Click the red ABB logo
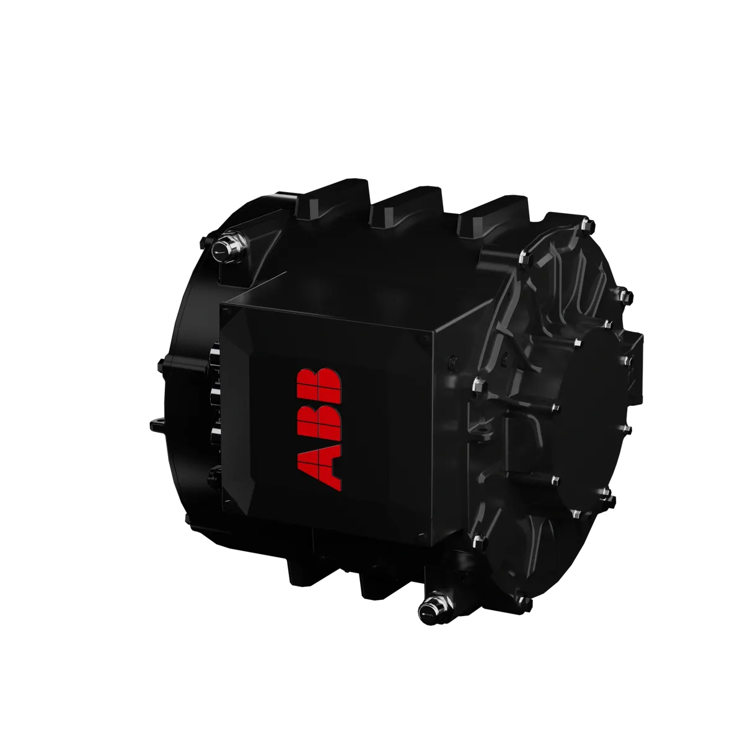coord(319,427)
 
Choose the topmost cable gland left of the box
coord(213,353)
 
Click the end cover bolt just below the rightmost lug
coord(524,256)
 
